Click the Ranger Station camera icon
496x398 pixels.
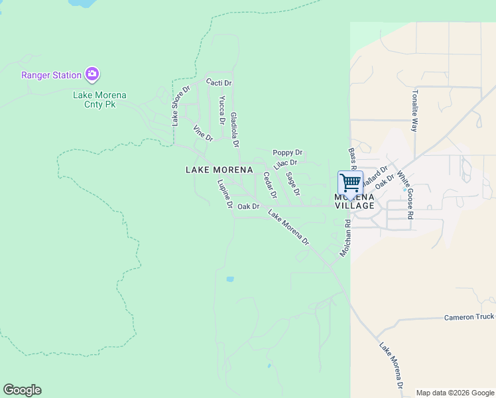click(92, 74)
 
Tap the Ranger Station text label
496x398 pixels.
click(51, 75)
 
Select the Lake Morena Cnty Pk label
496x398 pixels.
click(99, 99)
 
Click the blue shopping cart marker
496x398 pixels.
click(350, 182)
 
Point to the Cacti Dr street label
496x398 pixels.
click(218, 83)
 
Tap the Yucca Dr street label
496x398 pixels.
click(222, 109)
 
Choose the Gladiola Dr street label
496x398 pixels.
click(234, 129)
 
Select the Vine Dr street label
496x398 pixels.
click(202, 133)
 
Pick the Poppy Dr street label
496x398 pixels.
click(287, 153)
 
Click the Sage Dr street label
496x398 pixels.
click(292, 184)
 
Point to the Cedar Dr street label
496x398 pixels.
click(269, 186)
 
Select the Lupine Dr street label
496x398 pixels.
click(225, 194)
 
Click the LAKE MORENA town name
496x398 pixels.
click(219, 170)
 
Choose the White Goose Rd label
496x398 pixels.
click(405, 195)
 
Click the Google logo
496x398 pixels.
click(22, 390)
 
